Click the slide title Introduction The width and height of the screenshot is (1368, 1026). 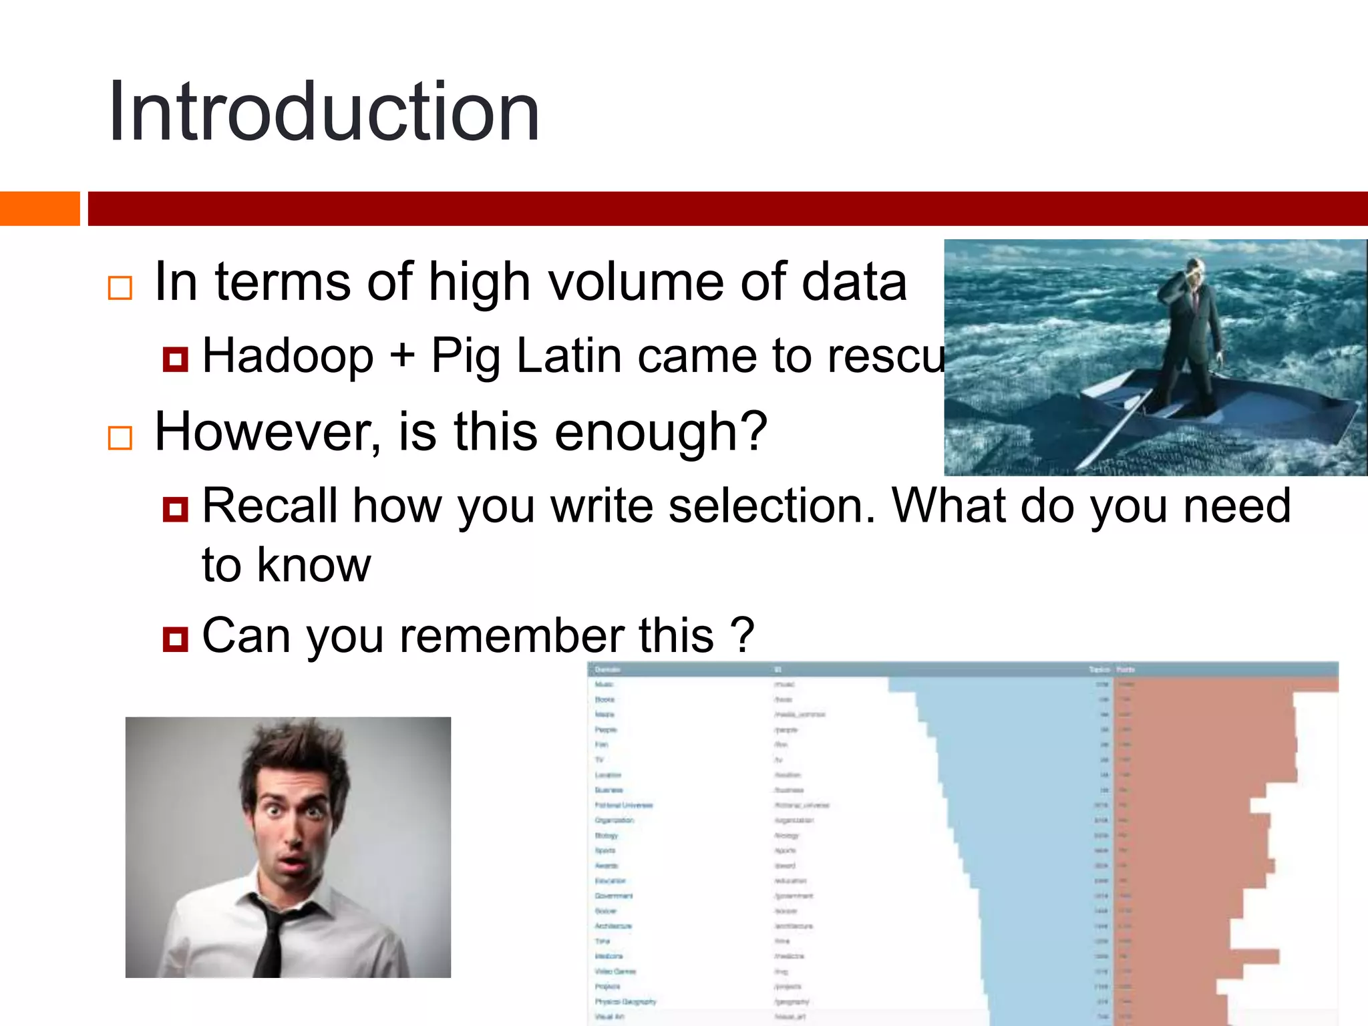324,112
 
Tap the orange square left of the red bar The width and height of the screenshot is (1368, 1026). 39,208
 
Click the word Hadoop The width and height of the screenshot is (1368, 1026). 288,355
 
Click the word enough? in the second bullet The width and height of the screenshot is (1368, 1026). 661,433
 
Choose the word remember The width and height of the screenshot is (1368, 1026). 511,635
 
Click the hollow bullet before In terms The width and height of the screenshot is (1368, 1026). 120,288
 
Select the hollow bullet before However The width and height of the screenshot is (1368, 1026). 120,438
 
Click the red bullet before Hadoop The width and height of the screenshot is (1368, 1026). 175,359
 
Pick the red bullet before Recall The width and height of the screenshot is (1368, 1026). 175,510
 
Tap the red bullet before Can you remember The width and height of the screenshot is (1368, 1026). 175,639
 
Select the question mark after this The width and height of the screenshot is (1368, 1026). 741,635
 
